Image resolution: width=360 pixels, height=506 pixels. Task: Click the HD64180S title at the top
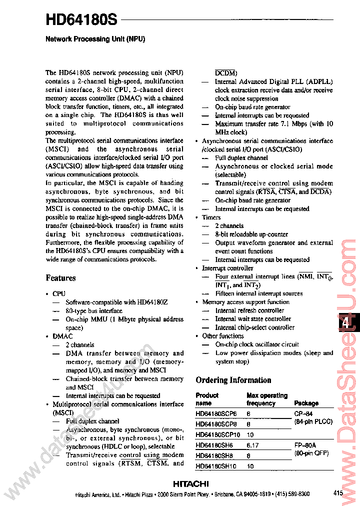pos(81,20)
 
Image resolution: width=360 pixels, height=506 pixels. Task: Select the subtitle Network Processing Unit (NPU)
pos(95,38)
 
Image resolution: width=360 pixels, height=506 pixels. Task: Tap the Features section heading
pos(61,278)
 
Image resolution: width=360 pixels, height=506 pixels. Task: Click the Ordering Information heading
pos(233,380)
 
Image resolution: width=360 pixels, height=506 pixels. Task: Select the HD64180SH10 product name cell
pos(217,466)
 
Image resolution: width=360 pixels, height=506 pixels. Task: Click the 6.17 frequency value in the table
pos(253,445)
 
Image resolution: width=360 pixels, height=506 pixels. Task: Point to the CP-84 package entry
pos(305,413)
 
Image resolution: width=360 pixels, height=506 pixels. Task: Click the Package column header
pos(306,403)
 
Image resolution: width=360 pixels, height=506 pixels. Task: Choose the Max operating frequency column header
pos(267,399)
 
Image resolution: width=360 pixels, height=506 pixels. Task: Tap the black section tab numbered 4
pos(345,323)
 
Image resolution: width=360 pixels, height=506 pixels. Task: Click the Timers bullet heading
pos(211,217)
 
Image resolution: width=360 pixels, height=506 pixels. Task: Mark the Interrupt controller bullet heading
pos(227,268)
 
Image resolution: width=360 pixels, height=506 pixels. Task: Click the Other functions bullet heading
pos(222,336)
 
